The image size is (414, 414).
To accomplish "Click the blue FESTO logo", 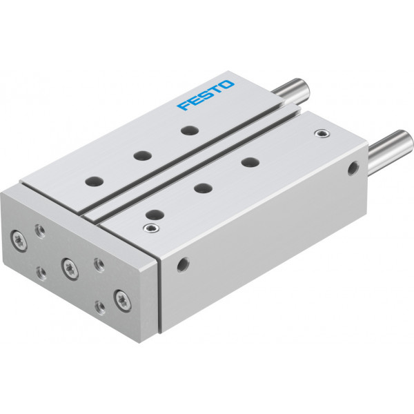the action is coord(206,95).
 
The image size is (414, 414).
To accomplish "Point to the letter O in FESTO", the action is coord(226,85).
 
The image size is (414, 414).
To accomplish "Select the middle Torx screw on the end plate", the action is coord(70,268).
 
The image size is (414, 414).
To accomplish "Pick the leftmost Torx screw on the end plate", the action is coord(19,241).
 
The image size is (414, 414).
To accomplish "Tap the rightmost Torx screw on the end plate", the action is coord(123,300).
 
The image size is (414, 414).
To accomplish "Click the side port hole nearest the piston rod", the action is coord(353,168).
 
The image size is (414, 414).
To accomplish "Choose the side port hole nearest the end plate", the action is coord(183,265).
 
